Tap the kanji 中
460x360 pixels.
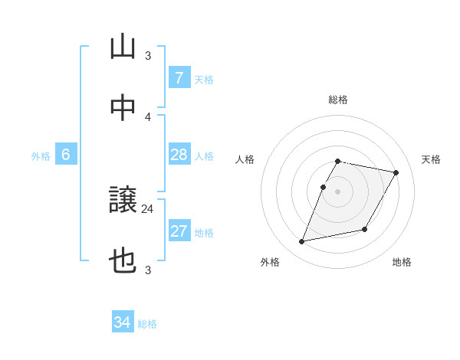(x=123, y=108)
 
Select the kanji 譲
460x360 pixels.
(x=123, y=201)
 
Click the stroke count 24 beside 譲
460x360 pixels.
(x=148, y=208)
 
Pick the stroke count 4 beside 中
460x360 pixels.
(x=148, y=116)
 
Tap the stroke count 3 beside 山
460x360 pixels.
(x=148, y=55)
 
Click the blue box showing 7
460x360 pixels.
(x=179, y=77)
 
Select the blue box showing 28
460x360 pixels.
(x=179, y=155)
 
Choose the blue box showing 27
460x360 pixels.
(x=179, y=231)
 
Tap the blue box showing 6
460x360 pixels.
(x=66, y=155)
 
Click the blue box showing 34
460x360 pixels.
(x=122, y=322)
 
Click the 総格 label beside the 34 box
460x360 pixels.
(x=147, y=324)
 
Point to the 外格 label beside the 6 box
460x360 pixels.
(x=41, y=156)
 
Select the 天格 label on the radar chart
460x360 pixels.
(x=431, y=159)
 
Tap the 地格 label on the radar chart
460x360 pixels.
(x=402, y=262)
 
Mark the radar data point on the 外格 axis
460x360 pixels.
(x=302, y=242)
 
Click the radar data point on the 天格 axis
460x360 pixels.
(x=396, y=173)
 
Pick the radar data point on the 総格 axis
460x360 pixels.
(x=337, y=161)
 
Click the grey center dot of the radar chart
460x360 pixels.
(x=337, y=191)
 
